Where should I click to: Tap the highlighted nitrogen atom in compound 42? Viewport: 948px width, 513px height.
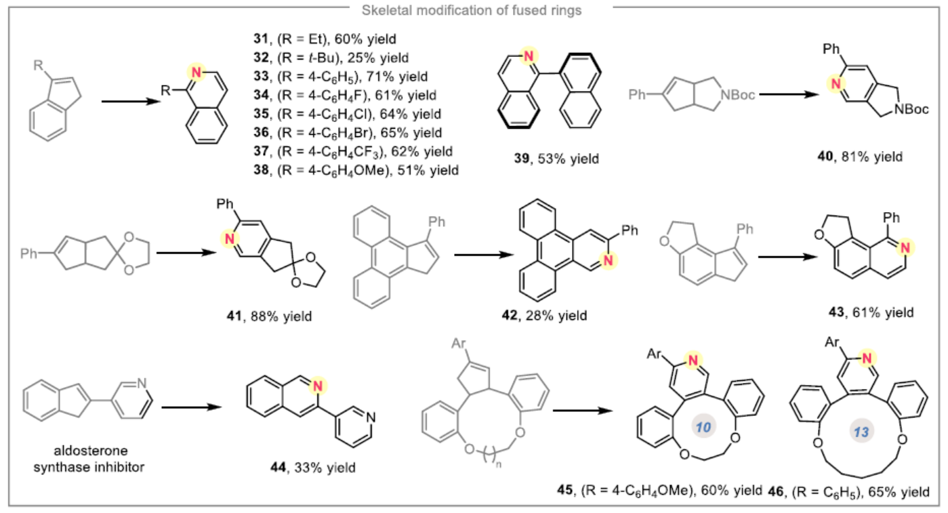point(608,260)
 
